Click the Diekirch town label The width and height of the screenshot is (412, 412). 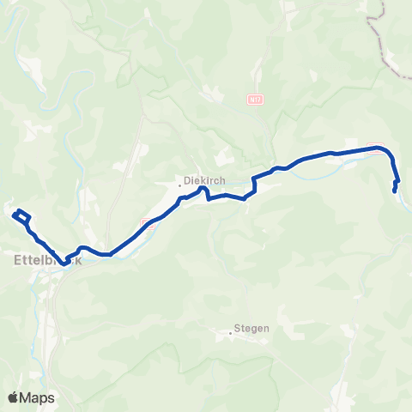pyautogui.click(x=206, y=182)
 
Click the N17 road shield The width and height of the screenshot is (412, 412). pyautogui.click(x=254, y=100)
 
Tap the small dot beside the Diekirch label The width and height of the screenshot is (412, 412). pyautogui.click(x=181, y=182)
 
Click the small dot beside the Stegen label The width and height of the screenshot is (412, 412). pyautogui.click(x=233, y=329)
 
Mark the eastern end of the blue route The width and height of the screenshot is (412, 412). pyautogui.click(x=394, y=191)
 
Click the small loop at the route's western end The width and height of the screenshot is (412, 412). pyautogui.click(x=21, y=215)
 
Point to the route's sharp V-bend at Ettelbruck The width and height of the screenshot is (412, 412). pyautogui.click(x=64, y=263)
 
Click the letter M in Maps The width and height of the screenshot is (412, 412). pyautogui.click(x=28, y=397)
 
